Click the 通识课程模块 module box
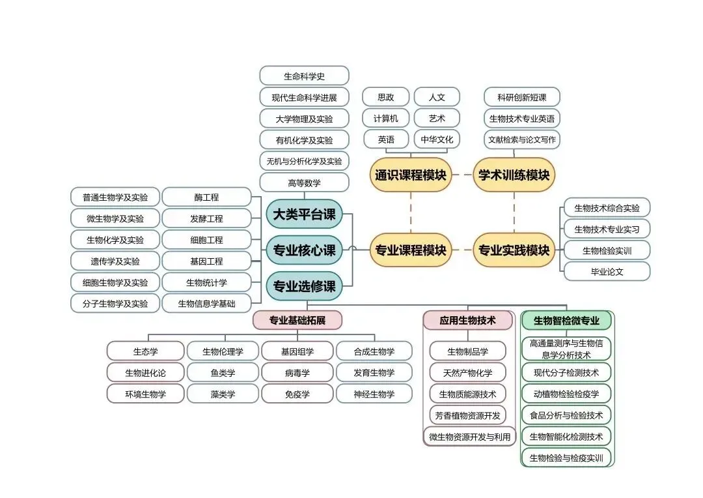410,175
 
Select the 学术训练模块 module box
514,175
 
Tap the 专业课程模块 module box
410,250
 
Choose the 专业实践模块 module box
514,250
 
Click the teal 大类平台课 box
304,214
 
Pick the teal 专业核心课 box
304,250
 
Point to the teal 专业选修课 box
304,286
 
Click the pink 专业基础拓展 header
297,320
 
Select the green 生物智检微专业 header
566,320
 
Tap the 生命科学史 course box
304,76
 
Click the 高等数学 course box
304,183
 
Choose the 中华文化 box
437,139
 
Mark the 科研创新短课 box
521,97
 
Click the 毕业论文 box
607,271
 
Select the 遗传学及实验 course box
115,261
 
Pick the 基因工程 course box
206,261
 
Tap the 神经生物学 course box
374,394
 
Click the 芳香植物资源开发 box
467,415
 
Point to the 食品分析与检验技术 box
566,415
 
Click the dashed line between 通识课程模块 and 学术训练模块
462,175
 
